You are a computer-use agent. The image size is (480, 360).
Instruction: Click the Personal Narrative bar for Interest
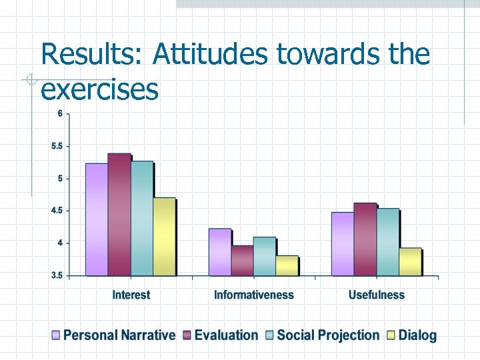[x=96, y=219]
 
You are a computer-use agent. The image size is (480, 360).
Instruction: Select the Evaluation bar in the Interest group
[x=119, y=215]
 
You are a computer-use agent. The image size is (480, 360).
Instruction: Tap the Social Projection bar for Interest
[x=141, y=219]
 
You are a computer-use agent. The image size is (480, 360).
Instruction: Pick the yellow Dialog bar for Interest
[x=164, y=237]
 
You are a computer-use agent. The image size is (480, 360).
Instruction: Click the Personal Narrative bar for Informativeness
[x=219, y=252]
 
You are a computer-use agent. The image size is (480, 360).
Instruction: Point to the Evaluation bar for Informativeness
[x=242, y=261]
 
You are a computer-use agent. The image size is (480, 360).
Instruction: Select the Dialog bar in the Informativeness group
[x=287, y=265]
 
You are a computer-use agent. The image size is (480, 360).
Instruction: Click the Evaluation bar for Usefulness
[x=365, y=239]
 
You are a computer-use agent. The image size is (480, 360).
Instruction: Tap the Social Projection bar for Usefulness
[x=387, y=242]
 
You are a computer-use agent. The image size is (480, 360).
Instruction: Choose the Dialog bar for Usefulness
[x=410, y=261]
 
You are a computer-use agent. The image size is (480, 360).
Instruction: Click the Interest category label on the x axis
[x=131, y=295]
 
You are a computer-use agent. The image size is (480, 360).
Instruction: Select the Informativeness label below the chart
[x=253, y=295]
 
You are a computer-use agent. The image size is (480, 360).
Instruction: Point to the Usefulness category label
[x=376, y=295]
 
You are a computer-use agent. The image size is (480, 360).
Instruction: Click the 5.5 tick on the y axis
[x=57, y=146]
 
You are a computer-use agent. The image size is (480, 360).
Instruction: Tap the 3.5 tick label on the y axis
[x=57, y=275]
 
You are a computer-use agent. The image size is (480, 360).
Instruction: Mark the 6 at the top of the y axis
[x=60, y=113]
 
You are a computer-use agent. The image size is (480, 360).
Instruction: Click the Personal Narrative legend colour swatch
[x=56, y=335]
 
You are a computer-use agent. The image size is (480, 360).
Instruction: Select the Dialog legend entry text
[x=417, y=335]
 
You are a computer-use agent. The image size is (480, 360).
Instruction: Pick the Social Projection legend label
[x=327, y=335]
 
